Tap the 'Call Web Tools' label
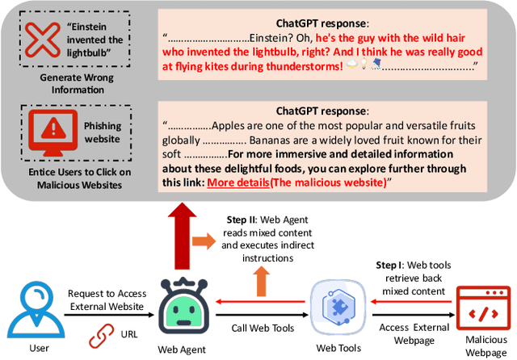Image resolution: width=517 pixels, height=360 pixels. [x=263, y=328]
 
